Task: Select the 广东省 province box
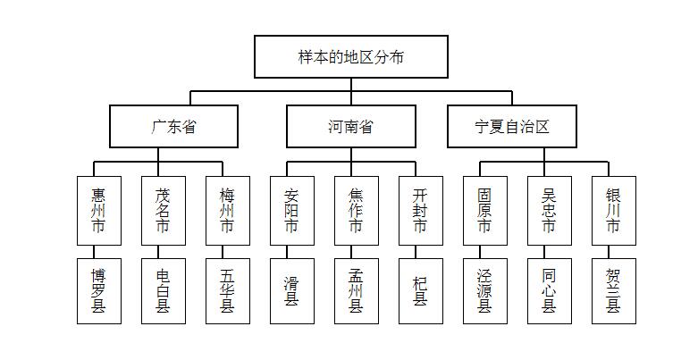coord(173,126)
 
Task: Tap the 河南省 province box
coord(350,126)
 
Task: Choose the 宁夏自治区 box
coord(512,126)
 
